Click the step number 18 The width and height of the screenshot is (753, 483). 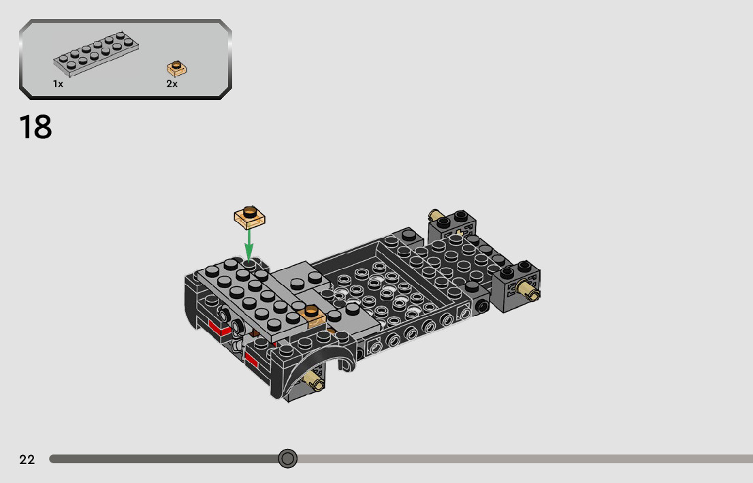pos(35,127)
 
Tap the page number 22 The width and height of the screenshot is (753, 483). pos(27,460)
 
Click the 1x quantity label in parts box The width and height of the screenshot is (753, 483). pos(58,84)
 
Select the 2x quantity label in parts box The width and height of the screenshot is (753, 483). pos(172,84)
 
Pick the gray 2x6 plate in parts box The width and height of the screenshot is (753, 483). pos(96,54)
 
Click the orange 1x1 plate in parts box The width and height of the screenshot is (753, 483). pos(177,69)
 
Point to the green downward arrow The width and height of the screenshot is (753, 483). pos(249,244)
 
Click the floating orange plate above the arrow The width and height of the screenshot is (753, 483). pos(250,218)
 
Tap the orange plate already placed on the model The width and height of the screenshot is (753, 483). pos(312,315)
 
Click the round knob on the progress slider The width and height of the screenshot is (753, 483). pos(288,458)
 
